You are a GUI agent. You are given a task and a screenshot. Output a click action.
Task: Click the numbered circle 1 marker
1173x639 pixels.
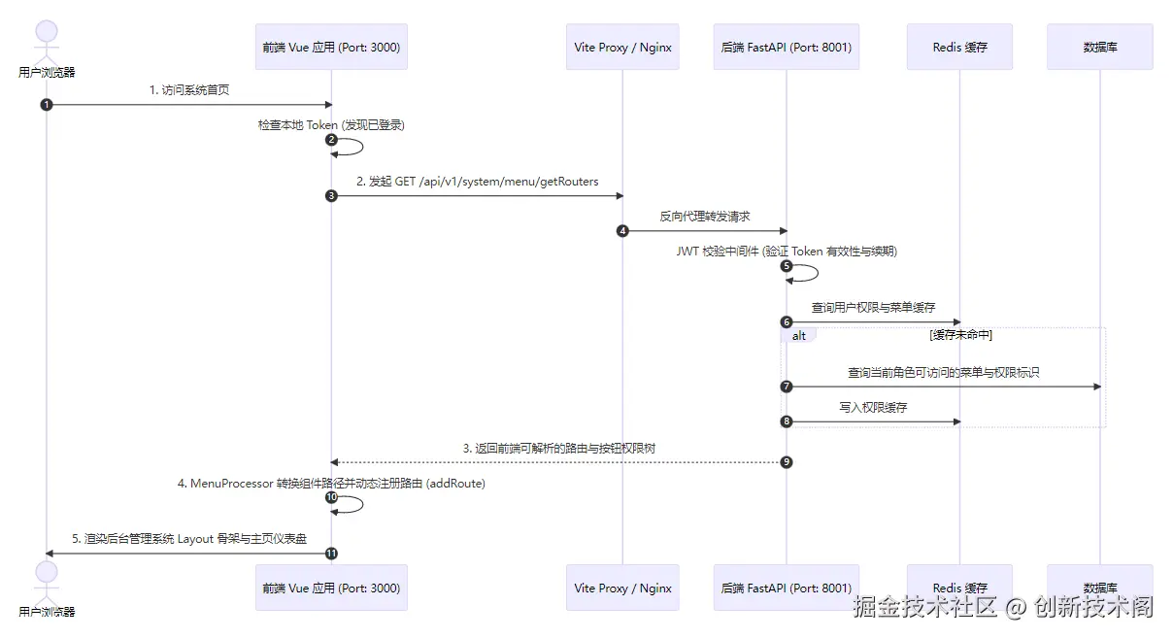tap(47, 105)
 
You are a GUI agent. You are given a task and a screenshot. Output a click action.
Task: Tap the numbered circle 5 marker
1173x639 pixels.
tap(786, 266)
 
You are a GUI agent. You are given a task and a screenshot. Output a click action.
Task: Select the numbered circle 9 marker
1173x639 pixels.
tap(786, 462)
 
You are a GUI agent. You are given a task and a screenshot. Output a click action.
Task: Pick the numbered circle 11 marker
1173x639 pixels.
tap(331, 554)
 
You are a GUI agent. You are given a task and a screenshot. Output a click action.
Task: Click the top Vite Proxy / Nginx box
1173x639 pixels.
tap(622, 47)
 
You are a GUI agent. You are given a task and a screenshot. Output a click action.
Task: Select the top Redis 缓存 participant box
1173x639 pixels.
tap(960, 47)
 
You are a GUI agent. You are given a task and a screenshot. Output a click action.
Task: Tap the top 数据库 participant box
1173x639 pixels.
tap(1099, 47)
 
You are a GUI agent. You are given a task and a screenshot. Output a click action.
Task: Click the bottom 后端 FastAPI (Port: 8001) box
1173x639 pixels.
tap(786, 588)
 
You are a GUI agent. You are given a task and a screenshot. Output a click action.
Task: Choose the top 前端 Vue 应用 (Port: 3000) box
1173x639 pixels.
tap(331, 47)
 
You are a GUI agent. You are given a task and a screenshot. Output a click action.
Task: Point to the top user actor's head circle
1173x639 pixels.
tap(47, 31)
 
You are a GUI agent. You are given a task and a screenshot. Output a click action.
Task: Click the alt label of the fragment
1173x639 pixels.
tap(798, 336)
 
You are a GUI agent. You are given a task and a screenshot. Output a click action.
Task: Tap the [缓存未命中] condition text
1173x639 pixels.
tap(961, 335)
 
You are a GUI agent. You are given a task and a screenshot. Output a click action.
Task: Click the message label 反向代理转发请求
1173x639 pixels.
tap(704, 217)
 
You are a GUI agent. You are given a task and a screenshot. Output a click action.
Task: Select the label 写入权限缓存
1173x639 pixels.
tap(873, 408)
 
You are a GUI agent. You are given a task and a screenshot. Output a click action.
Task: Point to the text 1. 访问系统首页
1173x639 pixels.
tap(189, 90)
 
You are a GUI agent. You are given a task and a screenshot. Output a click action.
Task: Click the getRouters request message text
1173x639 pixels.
tap(478, 182)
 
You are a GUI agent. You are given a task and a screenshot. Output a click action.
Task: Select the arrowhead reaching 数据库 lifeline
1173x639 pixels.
tap(1097, 387)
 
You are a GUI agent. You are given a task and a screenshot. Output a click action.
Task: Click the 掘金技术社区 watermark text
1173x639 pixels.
tap(924, 607)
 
